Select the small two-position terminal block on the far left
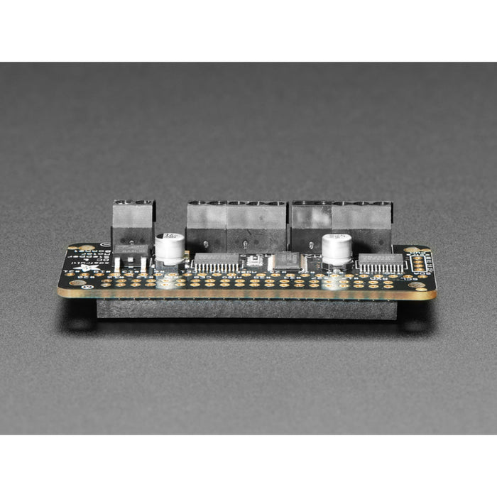pos(133,222)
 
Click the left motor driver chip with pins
pos(217,263)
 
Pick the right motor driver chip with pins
pos(381,263)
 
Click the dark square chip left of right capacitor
pos(288,260)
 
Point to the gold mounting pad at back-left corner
pos(84,248)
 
